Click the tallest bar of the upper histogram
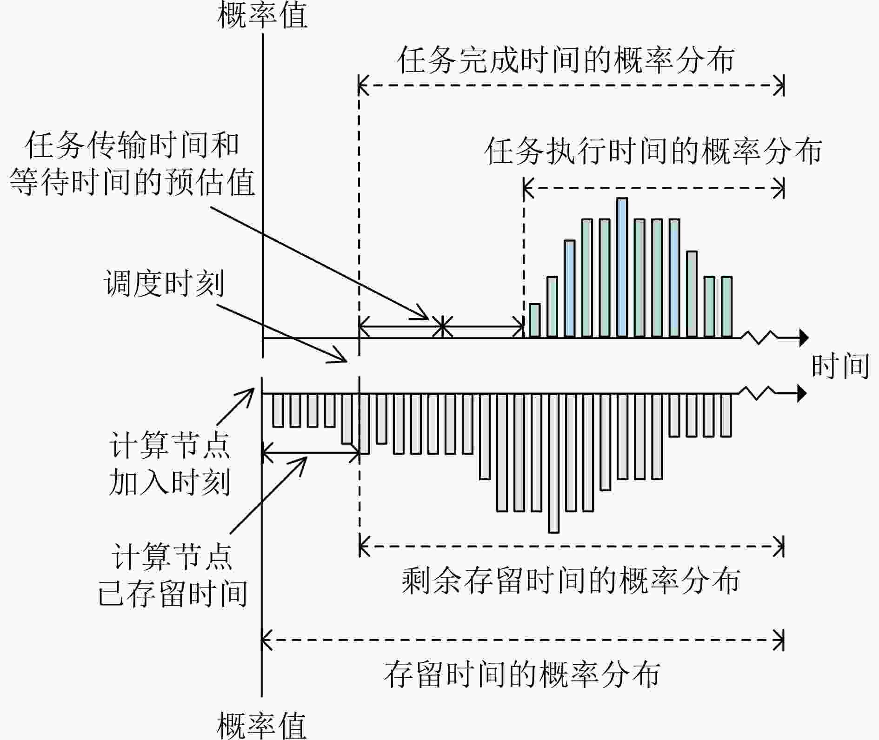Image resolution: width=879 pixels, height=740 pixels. click(622, 267)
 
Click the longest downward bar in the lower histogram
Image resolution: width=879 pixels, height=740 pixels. click(553, 463)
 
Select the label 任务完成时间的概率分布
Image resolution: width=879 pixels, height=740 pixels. click(566, 60)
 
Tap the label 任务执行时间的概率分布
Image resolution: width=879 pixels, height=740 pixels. click(653, 151)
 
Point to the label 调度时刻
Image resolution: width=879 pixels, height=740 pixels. click(164, 283)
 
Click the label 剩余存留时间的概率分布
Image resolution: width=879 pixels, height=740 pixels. click(571, 580)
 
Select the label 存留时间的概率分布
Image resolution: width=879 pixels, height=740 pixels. click(522, 674)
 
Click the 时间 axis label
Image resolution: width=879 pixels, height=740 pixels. click(840, 366)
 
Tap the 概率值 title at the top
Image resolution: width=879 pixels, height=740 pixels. click(262, 15)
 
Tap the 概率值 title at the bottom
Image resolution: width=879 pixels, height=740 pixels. click(262, 726)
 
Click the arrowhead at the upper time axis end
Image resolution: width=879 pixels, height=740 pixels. click(804, 338)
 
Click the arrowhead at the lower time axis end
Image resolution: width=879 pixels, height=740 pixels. click(802, 394)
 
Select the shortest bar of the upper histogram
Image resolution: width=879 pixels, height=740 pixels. click(535, 320)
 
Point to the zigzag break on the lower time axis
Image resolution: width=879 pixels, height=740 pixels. click(758, 393)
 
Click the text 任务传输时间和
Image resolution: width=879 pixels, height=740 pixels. click(132, 145)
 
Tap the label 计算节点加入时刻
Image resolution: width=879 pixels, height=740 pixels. click(169, 464)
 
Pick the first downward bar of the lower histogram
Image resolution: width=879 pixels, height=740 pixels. click(278, 410)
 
